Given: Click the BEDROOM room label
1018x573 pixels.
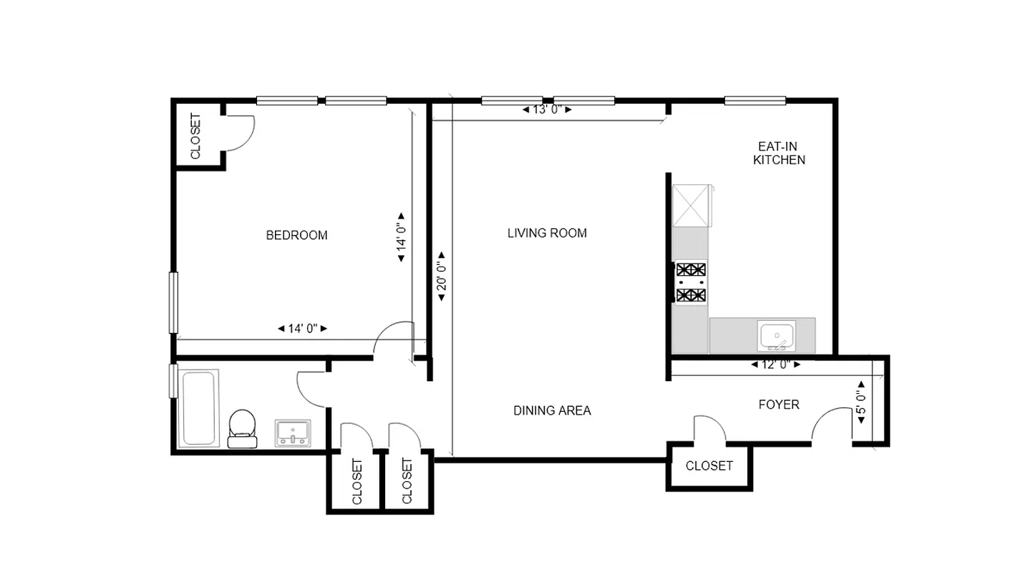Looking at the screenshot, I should (x=296, y=235).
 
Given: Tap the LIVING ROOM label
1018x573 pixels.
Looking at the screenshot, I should (x=547, y=233).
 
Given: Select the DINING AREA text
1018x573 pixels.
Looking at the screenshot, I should (x=552, y=410).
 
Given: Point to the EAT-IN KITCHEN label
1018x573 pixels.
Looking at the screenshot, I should (x=779, y=153).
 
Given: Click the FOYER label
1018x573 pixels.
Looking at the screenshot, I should (x=778, y=405).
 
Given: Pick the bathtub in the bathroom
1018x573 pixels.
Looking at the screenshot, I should (x=198, y=408).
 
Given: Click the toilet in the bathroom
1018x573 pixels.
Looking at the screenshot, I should (x=242, y=428).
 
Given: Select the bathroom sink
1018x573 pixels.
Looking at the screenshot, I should (x=293, y=433).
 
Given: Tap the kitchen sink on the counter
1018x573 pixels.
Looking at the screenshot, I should (x=775, y=335).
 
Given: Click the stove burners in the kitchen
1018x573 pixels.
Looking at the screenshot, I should (x=691, y=282).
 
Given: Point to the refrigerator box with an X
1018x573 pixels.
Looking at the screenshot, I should (x=691, y=206).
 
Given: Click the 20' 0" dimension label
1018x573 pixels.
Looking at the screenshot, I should (x=442, y=276).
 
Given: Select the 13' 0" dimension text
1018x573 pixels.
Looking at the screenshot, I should (x=547, y=110).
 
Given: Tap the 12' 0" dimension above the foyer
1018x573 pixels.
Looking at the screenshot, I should (x=775, y=365).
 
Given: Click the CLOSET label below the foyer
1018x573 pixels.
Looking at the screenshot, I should (x=709, y=466).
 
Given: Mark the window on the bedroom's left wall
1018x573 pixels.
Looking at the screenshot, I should (x=173, y=302).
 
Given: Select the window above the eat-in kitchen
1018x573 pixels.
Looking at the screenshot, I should (x=755, y=101).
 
